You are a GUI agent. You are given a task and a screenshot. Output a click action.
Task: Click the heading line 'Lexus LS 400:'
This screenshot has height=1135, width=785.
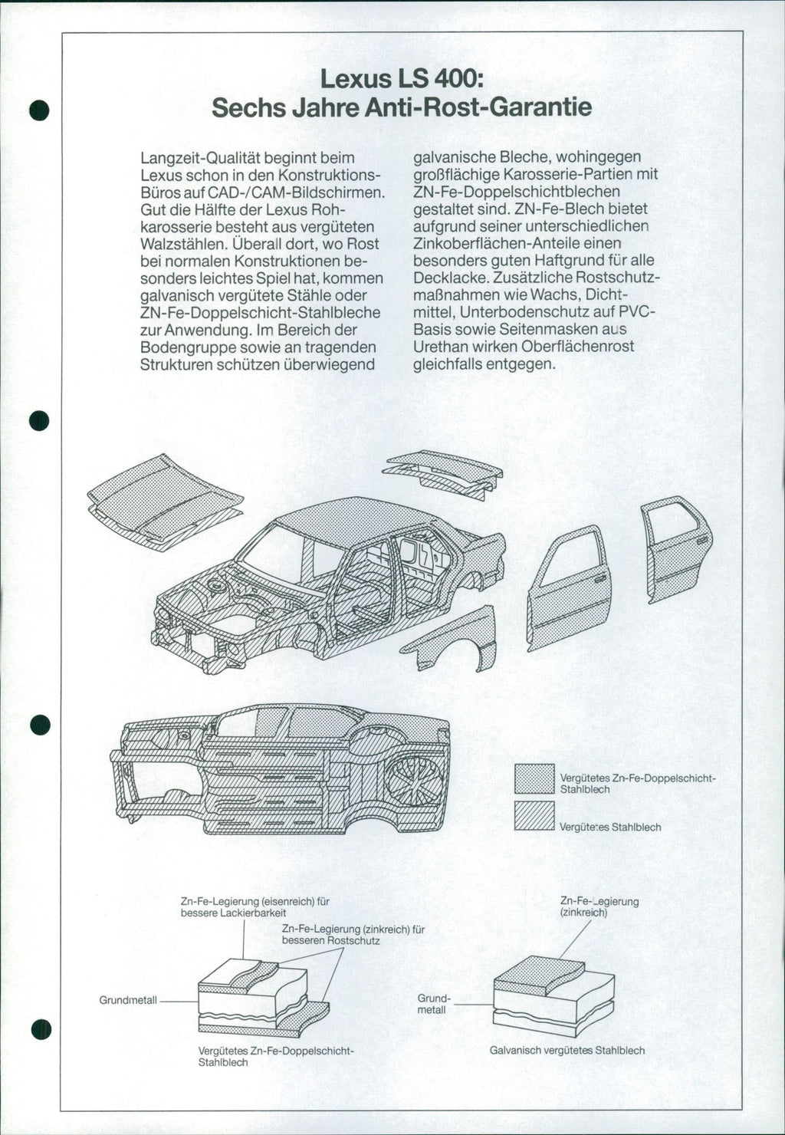pyautogui.click(x=401, y=78)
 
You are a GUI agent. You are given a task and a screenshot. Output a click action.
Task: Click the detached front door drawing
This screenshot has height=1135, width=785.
pyautogui.click(x=570, y=587)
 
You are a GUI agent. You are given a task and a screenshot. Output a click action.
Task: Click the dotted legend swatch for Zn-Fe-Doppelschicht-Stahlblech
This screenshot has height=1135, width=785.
pyautogui.click(x=534, y=779)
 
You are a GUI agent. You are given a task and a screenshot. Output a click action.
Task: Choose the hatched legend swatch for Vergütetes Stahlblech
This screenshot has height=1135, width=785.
pyautogui.click(x=534, y=815)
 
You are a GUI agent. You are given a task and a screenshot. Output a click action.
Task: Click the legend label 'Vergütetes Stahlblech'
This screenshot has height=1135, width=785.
pyautogui.click(x=610, y=827)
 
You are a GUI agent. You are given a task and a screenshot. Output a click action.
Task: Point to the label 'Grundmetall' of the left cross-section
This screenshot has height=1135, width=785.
pyautogui.click(x=128, y=1000)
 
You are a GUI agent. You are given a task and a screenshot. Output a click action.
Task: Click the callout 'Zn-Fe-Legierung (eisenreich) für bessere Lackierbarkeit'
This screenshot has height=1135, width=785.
pyautogui.click(x=255, y=907)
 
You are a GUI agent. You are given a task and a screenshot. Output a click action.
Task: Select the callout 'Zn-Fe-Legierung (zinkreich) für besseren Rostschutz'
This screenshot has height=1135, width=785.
pyautogui.click(x=353, y=934)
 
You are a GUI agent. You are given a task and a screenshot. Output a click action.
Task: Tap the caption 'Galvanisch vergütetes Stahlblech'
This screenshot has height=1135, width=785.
pyautogui.click(x=567, y=1050)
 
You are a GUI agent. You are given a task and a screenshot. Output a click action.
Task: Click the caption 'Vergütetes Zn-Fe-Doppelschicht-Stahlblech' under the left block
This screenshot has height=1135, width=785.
pyautogui.click(x=276, y=1056)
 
